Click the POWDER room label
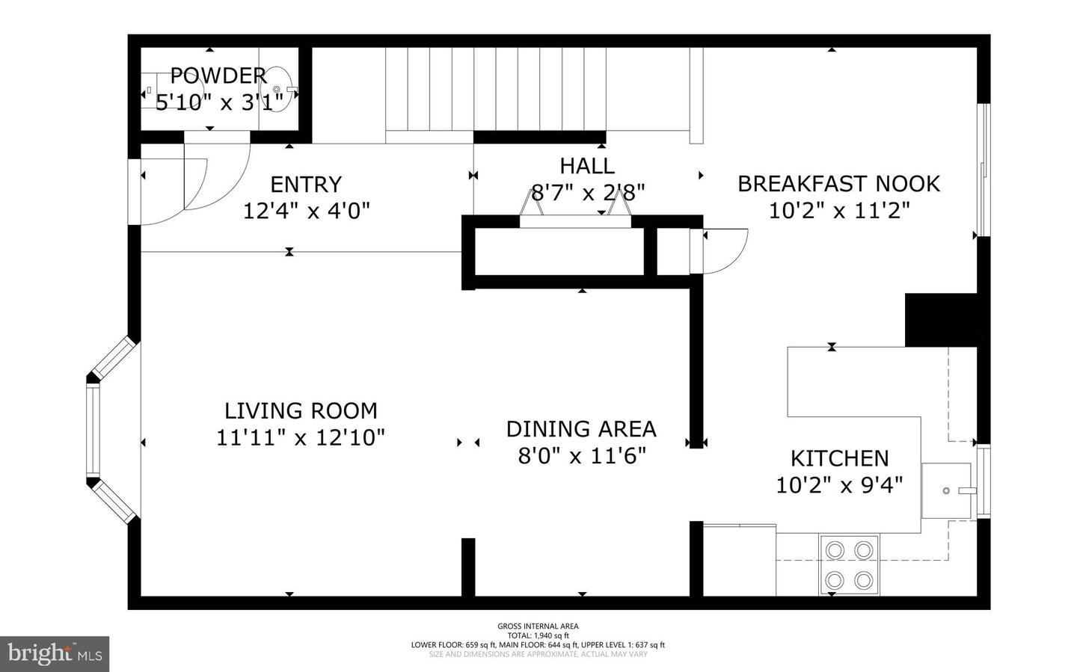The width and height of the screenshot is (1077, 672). click(218, 75)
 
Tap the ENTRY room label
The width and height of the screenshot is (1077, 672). click(305, 185)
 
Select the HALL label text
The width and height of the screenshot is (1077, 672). click(587, 166)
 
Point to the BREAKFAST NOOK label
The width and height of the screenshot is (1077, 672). click(838, 184)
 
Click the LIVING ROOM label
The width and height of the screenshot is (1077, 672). click(301, 410)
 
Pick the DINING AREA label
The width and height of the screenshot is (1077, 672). click(581, 429)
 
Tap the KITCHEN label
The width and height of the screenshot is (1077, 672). click(839, 458)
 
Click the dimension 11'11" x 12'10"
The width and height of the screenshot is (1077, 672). click(301, 437)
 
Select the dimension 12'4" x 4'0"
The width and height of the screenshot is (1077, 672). click(306, 211)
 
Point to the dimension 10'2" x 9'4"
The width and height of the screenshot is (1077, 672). click(839, 485)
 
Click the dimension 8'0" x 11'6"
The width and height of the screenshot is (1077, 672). click(581, 455)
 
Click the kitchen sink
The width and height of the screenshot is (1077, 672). click(946, 490)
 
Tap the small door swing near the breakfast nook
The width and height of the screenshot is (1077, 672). click(722, 251)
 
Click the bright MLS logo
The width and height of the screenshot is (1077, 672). click(54, 654)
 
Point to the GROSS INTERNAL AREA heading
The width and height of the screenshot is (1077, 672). click(538, 626)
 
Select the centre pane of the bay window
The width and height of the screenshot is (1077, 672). click(93, 430)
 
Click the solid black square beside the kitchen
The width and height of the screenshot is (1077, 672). click(941, 320)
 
